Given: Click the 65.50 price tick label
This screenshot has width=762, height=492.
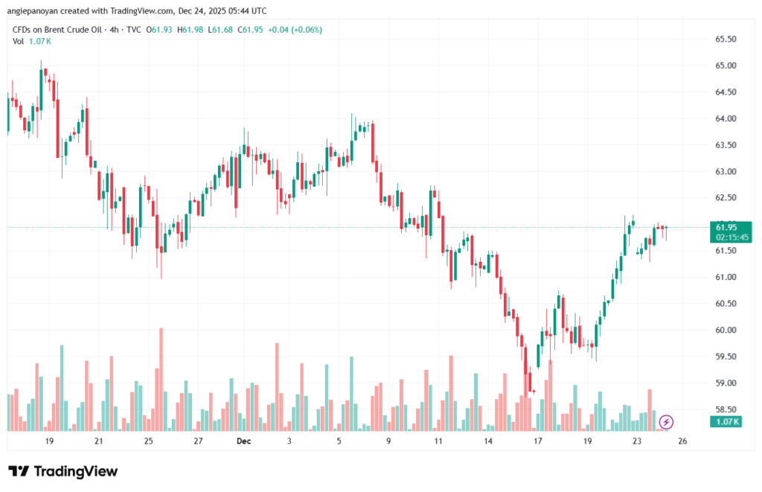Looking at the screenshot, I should pos(726,39).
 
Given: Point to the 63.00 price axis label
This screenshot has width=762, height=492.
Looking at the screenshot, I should pos(726,171).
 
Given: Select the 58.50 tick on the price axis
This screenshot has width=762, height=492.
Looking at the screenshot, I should pos(726,409).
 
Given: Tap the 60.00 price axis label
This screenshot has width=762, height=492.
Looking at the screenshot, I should pos(726,330).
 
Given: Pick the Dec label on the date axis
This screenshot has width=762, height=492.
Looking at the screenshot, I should pos(243,441).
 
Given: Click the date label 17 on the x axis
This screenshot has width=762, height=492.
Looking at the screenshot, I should pos(537,441).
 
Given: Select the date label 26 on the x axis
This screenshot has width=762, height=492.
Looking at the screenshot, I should pos(682,441).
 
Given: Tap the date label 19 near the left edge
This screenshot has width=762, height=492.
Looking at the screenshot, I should pos(49,441).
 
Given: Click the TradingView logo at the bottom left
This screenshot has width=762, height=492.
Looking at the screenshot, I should pos(63,471).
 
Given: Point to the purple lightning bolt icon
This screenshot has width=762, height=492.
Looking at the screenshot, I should pos(667,422).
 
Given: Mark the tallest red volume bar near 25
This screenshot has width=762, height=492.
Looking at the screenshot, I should pos(160,380).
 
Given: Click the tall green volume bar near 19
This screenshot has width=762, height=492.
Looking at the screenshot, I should pos(62,388).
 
